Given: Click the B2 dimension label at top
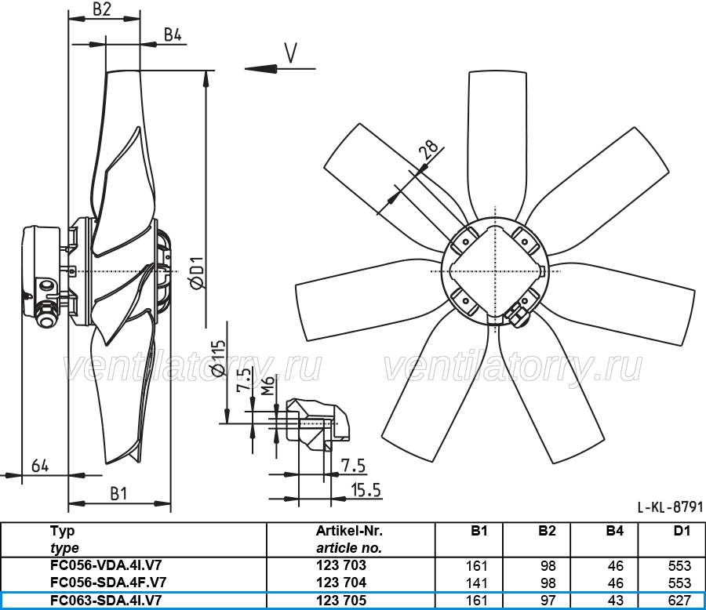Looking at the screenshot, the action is pos(102,9).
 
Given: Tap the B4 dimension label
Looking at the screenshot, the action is pos(173,34).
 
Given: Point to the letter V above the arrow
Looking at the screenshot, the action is pos(291,53).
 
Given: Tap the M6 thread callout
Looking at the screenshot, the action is pos(268,387).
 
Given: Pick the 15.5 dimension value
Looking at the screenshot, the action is pos(366,490).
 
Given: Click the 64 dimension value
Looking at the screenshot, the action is pos(40,466).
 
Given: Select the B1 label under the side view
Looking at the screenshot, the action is pos(118,494).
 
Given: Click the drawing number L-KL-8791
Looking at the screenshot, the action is pos(670,507).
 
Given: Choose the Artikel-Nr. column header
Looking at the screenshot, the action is pos(349,531).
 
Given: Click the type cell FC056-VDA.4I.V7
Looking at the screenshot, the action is pos(106,565).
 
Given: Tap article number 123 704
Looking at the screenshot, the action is pos(341,582).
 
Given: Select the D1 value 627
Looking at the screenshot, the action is pos(679,601).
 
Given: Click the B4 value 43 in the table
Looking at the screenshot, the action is pos(615,601).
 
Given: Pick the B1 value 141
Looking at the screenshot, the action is pos(476,583).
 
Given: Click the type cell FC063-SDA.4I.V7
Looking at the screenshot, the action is pos(106,601).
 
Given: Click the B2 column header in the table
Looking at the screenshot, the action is pos(547,531).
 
